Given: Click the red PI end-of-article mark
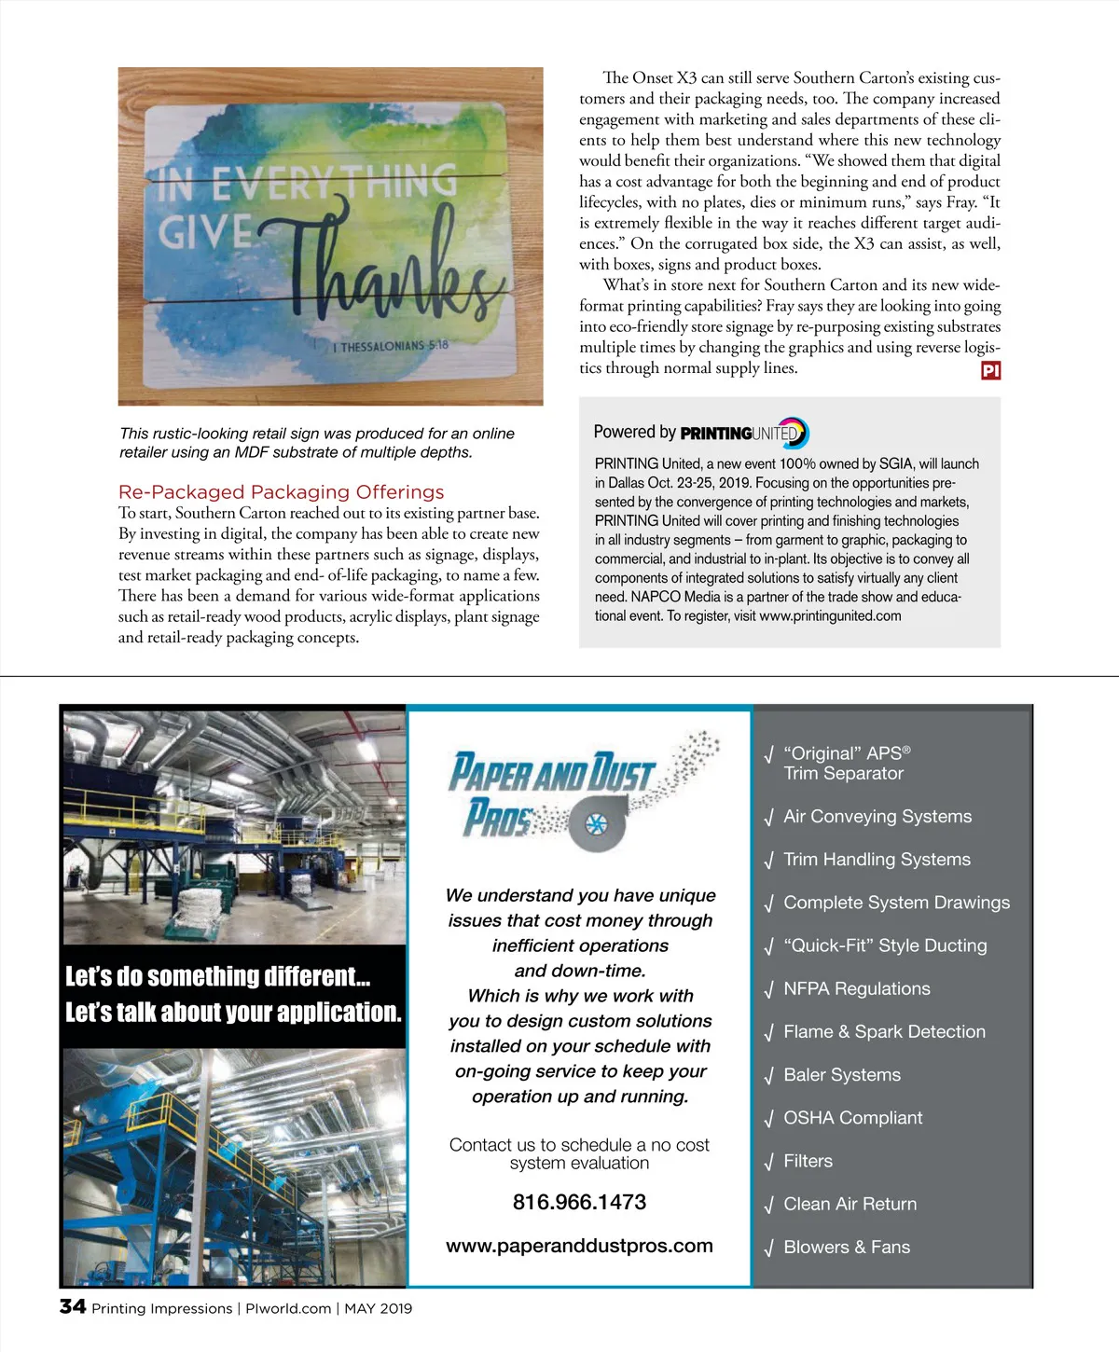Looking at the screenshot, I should click(x=990, y=370).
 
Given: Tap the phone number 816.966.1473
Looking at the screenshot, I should click(x=579, y=1202).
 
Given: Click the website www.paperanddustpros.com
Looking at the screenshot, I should click(x=579, y=1246).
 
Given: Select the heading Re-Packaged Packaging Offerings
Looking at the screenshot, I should click(x=281, y=491).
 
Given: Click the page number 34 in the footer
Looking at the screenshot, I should click(x=73, y=1306).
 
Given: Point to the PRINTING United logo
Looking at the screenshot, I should click(x=744, y=433).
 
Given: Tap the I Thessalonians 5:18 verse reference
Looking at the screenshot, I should click(x=390, y=346).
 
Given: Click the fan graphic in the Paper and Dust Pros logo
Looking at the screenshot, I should click(x=594, y=823).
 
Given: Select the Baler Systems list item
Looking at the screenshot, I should click(x=841, y=1074).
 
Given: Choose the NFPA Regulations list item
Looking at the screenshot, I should click(x=856, y=988).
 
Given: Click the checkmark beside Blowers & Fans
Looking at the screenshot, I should click(x=768, y=1249).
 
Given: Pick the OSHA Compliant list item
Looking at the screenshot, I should click(x=852, y=1117).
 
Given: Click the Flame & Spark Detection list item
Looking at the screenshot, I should click(x=883, y=1031).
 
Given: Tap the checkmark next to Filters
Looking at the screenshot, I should click(x=768, y=1163).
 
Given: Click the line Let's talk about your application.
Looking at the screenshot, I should click(x=233, y=1012).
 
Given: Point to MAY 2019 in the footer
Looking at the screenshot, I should click(x=378, y=1308).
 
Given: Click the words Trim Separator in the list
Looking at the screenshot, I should click(x=843, y=773).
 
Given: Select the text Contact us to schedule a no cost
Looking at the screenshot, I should click(x=579, y=1144).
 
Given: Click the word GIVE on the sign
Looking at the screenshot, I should click(x=205, y=231).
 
